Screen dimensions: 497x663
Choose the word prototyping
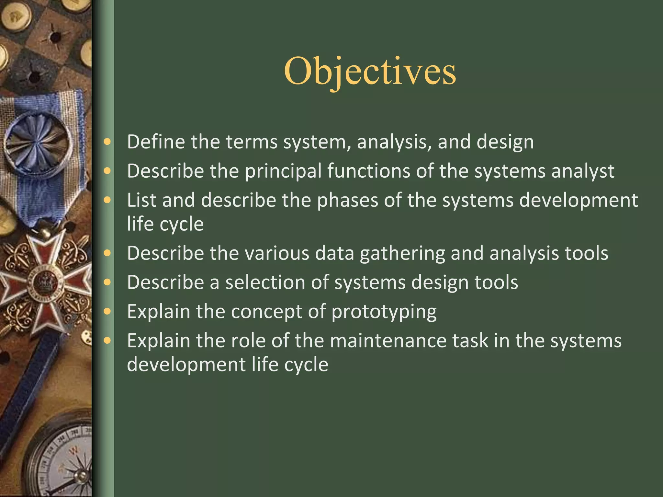coord(384,312)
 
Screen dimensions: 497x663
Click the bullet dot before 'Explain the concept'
coord(107,311)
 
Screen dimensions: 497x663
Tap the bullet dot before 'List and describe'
coord(107,200)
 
